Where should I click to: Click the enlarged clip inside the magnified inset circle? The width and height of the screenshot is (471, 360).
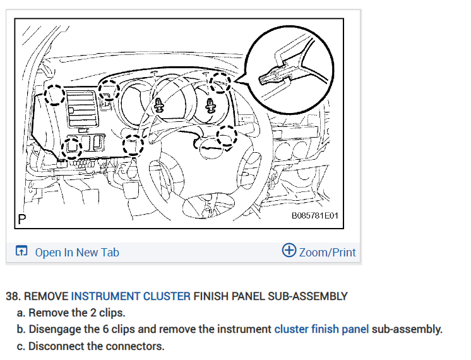click(x=273, y=78)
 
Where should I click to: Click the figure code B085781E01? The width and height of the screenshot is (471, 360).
click(x=315, y=216)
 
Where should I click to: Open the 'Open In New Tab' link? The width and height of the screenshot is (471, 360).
click(x=76, y=253)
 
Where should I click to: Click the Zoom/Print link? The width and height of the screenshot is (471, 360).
click(x=327, y=253)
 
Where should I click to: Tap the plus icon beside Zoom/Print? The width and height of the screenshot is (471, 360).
click(x=289, y=251)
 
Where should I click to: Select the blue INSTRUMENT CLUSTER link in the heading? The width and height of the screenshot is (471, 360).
click(x=131, y=296)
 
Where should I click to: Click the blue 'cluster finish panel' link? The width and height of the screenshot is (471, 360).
click(x=321, y=329)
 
